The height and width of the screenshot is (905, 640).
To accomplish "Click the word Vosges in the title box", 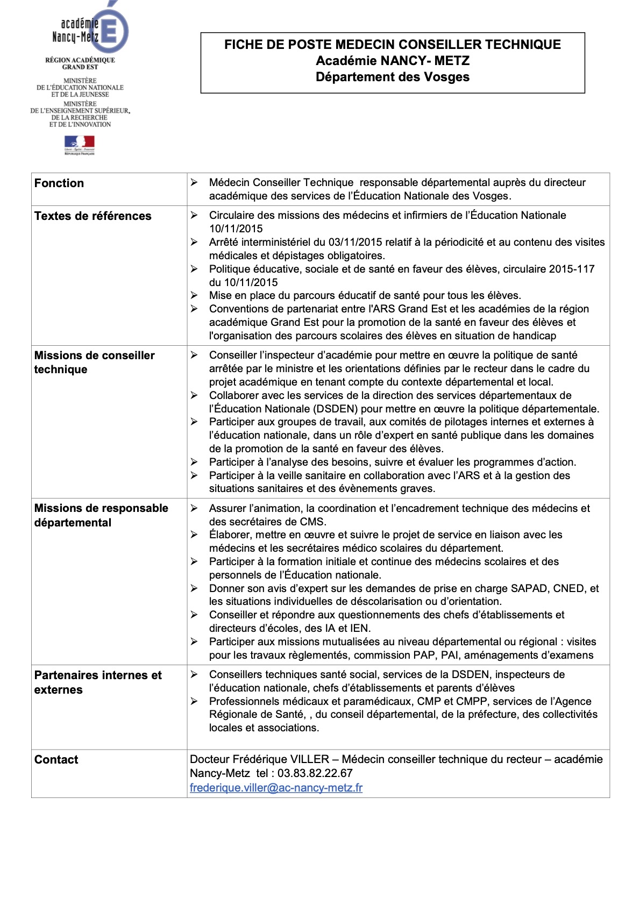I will click(447, 77).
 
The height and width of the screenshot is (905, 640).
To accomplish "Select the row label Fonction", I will click(59, 183).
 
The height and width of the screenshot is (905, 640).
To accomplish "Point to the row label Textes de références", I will click(93, 216).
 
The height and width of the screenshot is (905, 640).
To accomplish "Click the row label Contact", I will click(56, 760).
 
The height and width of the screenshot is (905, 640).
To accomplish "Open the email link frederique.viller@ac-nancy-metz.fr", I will click(276, 788).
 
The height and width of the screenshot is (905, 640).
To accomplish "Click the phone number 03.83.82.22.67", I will click(315, 773).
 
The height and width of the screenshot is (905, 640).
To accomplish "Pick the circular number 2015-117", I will click(572, 269).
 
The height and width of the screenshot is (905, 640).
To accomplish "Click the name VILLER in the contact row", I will click(310, 759).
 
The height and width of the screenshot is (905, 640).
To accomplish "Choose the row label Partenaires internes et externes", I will click(98, 682).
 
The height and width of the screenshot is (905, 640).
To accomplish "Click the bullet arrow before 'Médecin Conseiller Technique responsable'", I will click(194, 183).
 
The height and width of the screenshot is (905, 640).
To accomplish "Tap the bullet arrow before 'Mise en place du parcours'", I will click(194, 295).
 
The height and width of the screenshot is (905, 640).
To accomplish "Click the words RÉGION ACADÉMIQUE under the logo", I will click(80, 60).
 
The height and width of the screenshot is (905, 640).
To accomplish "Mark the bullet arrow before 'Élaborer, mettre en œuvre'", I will click(194, 535).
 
